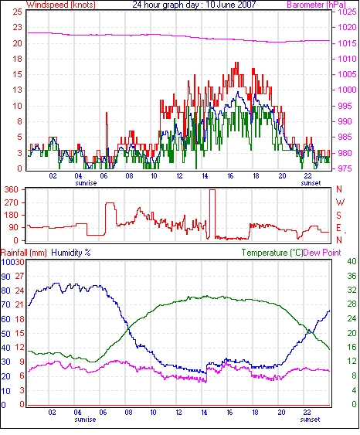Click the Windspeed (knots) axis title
pyautogui.click(x=61, y=5)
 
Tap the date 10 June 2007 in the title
pyautogui.click(x=231, y=5)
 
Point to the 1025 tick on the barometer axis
pyautogui.click(x=347, y=12)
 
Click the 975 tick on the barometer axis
pyautogui.click(x=345, y=168)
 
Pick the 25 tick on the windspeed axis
pyautogui.click(x=17, y=12)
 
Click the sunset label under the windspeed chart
pyautogui.click(x=311, y=183)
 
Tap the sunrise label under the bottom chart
pyautogui.click(x=85, y=420)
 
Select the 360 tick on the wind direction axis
pyautogui.click(x=12, y=190)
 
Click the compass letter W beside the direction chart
pyautogui.click(x=340, y=202)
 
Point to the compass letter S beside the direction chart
pyautogui.click(x=338, y=215)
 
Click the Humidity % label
pyautogui.click(x=71, y=253)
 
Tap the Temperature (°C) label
pyautogui.click(x=272, y=253)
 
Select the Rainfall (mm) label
pyautogui.click(x=24, y=253)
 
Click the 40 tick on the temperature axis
pyautogui.click(x=352, y=261)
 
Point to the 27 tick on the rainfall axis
pyautogui.click(x=19, y=276)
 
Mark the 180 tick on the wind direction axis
pyautogui.click(x=12, y=215)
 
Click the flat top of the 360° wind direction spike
pyautogui.click(x=212, y=190)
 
